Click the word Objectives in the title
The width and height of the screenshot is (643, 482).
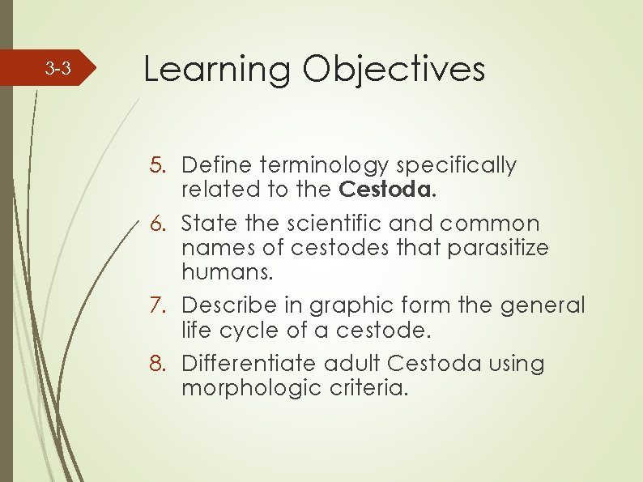394,70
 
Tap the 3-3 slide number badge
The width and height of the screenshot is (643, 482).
57,70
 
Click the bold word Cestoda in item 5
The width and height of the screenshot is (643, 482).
380,190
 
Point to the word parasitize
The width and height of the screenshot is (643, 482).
499,248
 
